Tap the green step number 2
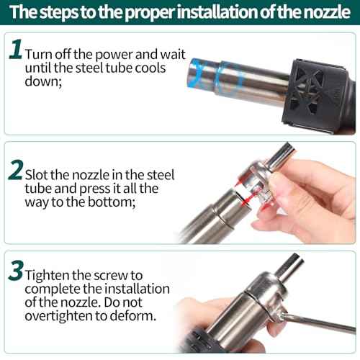[15, 172]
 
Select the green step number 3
[16, 271]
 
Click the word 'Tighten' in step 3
[46, 275]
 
